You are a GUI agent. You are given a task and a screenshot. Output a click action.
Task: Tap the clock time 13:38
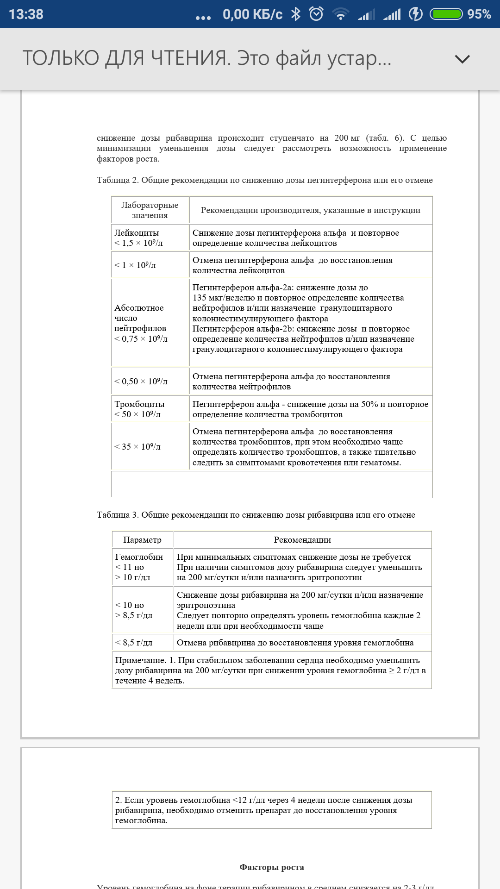click(26, 14)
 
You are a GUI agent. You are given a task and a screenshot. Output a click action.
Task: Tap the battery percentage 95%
click(479, 14)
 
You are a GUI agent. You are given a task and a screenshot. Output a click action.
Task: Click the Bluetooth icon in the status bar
click(295, 14)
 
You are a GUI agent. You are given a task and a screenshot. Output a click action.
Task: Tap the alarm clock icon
click(316, 14)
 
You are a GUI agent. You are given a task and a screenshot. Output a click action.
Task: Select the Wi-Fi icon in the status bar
click(340, 14)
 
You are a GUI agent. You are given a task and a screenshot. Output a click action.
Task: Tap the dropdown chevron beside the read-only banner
click(462, 59)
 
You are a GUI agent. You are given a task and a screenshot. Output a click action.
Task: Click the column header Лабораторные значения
click(150, 210)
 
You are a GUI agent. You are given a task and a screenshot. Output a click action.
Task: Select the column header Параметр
click(143, 540)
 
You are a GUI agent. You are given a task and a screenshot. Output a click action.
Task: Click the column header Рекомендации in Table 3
click(302, 540)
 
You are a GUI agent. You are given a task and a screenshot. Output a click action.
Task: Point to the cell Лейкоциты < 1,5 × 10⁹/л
click(138, 238)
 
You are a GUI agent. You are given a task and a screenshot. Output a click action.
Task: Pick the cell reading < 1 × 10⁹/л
click(135, 265)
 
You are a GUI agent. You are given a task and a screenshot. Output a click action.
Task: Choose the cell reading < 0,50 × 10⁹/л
click(141, 382)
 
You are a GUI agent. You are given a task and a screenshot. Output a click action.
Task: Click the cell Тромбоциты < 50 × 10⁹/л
click(139, 409)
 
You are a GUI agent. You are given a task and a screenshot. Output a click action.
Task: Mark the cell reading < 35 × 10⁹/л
click(137, 447)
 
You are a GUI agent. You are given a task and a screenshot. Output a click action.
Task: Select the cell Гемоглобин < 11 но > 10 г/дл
click(139, 567)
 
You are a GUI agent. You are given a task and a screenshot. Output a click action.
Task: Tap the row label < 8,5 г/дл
click(134, 643)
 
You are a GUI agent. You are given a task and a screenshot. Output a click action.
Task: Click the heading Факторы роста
click(272, 867)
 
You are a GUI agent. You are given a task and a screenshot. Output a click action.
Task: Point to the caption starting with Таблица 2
click(264, 180)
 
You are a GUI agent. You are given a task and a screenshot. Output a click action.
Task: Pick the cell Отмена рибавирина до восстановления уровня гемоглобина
click(295, 643)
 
